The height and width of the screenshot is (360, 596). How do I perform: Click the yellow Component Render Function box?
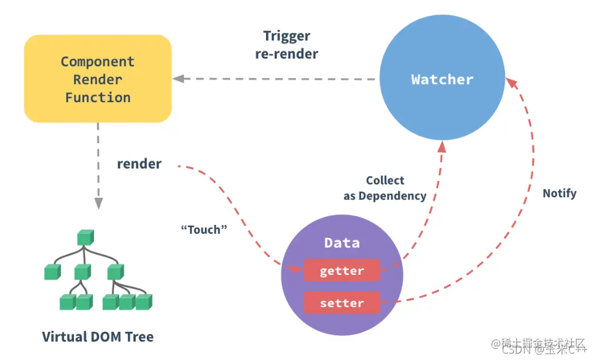97,79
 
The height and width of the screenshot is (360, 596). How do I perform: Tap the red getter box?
342,271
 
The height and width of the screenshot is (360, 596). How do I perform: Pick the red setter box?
342,304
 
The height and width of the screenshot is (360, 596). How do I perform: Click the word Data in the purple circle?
342,243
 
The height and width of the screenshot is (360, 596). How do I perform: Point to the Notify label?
559,193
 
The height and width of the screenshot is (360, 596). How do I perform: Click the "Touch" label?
203,230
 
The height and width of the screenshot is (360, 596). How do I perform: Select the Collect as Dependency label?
385,189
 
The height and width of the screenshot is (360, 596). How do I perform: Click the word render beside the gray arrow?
139,164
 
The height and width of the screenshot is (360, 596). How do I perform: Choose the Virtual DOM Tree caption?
97,337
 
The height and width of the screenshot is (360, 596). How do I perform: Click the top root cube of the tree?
85,238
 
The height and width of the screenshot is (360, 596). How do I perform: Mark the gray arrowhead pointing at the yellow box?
177,78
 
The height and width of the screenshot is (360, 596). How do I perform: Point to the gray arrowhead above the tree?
97,203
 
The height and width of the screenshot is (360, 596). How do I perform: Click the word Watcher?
442,79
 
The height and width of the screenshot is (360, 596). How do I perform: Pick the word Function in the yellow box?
97,97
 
